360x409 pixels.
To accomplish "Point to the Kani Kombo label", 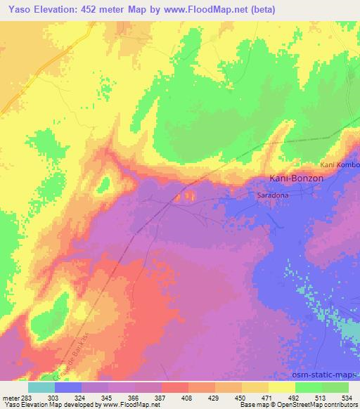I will click(340, 164).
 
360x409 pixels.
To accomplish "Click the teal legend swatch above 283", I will click(41, 387).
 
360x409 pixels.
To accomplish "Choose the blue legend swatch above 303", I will click(68, 387).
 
